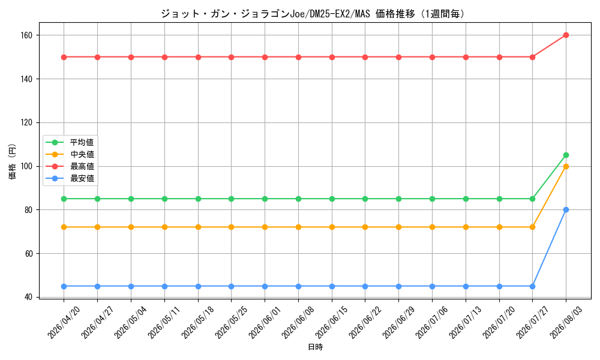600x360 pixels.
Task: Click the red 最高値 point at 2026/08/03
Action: coord(566,35)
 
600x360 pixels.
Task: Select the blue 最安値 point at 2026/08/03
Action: coord(566,209)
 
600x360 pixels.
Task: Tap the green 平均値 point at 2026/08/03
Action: coord(566,155)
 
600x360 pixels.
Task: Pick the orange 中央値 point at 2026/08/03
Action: coord(566,166)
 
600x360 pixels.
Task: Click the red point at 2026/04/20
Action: coord(64,58)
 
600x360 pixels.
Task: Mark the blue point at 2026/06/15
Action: coord(332,287)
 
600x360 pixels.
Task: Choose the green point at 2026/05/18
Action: coord(198,199)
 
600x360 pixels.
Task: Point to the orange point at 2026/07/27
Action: coord(532,227)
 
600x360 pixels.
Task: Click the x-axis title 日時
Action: coord(316,347)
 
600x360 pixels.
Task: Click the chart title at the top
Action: coord(312,14)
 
